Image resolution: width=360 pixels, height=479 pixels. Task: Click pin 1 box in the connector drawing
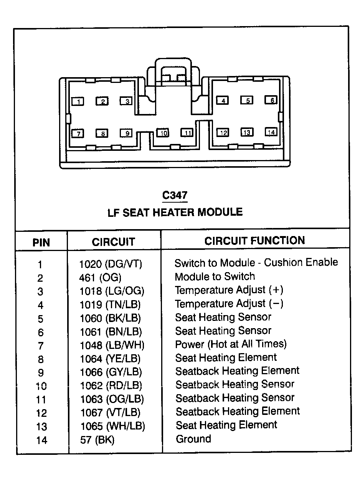[78, 101]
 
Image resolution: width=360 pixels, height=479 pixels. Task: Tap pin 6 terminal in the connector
[271, 100]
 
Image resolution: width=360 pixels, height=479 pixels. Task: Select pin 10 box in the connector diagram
[163, 132]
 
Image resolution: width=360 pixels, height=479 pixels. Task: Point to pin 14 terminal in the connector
[271, 132]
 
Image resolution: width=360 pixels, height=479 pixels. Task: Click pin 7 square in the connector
[78, 133]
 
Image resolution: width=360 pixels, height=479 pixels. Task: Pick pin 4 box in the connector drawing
[222, 100]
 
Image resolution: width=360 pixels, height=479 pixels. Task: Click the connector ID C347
[175, 195]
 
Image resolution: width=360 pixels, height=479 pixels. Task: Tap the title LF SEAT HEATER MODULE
[175, 212]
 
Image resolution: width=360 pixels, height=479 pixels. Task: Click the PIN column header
[41, 243]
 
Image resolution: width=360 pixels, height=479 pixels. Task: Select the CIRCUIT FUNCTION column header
[254, 241]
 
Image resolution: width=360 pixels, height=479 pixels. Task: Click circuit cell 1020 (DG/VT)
[111, 264]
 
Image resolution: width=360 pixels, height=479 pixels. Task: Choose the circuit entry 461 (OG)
[100, 277]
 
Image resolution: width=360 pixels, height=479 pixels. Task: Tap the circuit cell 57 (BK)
[97, 440]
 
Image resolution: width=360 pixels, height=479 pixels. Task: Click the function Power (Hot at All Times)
[231, 344]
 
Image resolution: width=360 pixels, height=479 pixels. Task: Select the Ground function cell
[193, 439]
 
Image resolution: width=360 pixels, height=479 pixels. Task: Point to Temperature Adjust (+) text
[229, 290]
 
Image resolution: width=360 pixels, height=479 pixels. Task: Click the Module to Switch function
[215, 276]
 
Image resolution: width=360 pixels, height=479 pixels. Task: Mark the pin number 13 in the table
[41, 427]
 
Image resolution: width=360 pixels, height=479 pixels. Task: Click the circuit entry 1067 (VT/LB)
[111, 413]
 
